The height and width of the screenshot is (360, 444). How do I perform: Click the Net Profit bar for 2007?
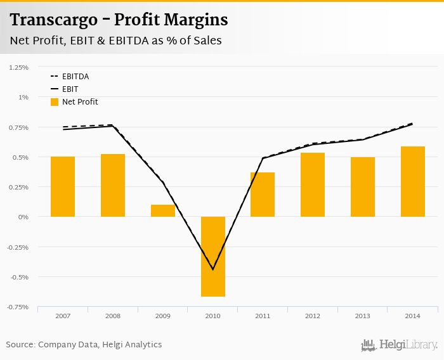coord(63,186)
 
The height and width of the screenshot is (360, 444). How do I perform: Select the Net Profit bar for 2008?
coord(113,185)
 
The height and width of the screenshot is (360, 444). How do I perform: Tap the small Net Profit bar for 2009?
coord(163,210)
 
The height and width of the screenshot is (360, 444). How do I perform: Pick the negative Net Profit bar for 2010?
coord(213,257)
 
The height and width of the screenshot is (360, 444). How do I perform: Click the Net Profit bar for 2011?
coord(263,195)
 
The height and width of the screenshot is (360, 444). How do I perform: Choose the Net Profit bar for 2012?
coord(313,184)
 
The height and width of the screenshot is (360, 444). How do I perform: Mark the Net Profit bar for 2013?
coord(363,187)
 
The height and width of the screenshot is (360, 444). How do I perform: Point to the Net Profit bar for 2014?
coord(413,181)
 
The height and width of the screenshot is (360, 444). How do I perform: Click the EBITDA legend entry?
coord(75,77)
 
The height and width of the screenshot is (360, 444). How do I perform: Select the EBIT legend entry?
coord(70,89)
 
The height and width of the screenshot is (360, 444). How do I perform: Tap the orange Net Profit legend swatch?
coord(55,102)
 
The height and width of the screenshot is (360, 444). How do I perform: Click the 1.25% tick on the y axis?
coord(18,67)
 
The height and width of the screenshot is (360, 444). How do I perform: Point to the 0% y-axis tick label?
coord(23,217)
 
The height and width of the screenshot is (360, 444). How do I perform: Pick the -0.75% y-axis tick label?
coord(17,307)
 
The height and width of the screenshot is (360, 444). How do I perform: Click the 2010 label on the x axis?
coord(213,316)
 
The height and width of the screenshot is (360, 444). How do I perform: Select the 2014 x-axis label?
coord(413,316)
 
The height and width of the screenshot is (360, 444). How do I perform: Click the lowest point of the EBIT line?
coord(213,269)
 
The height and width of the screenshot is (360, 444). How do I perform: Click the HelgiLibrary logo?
coord(400,345)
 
